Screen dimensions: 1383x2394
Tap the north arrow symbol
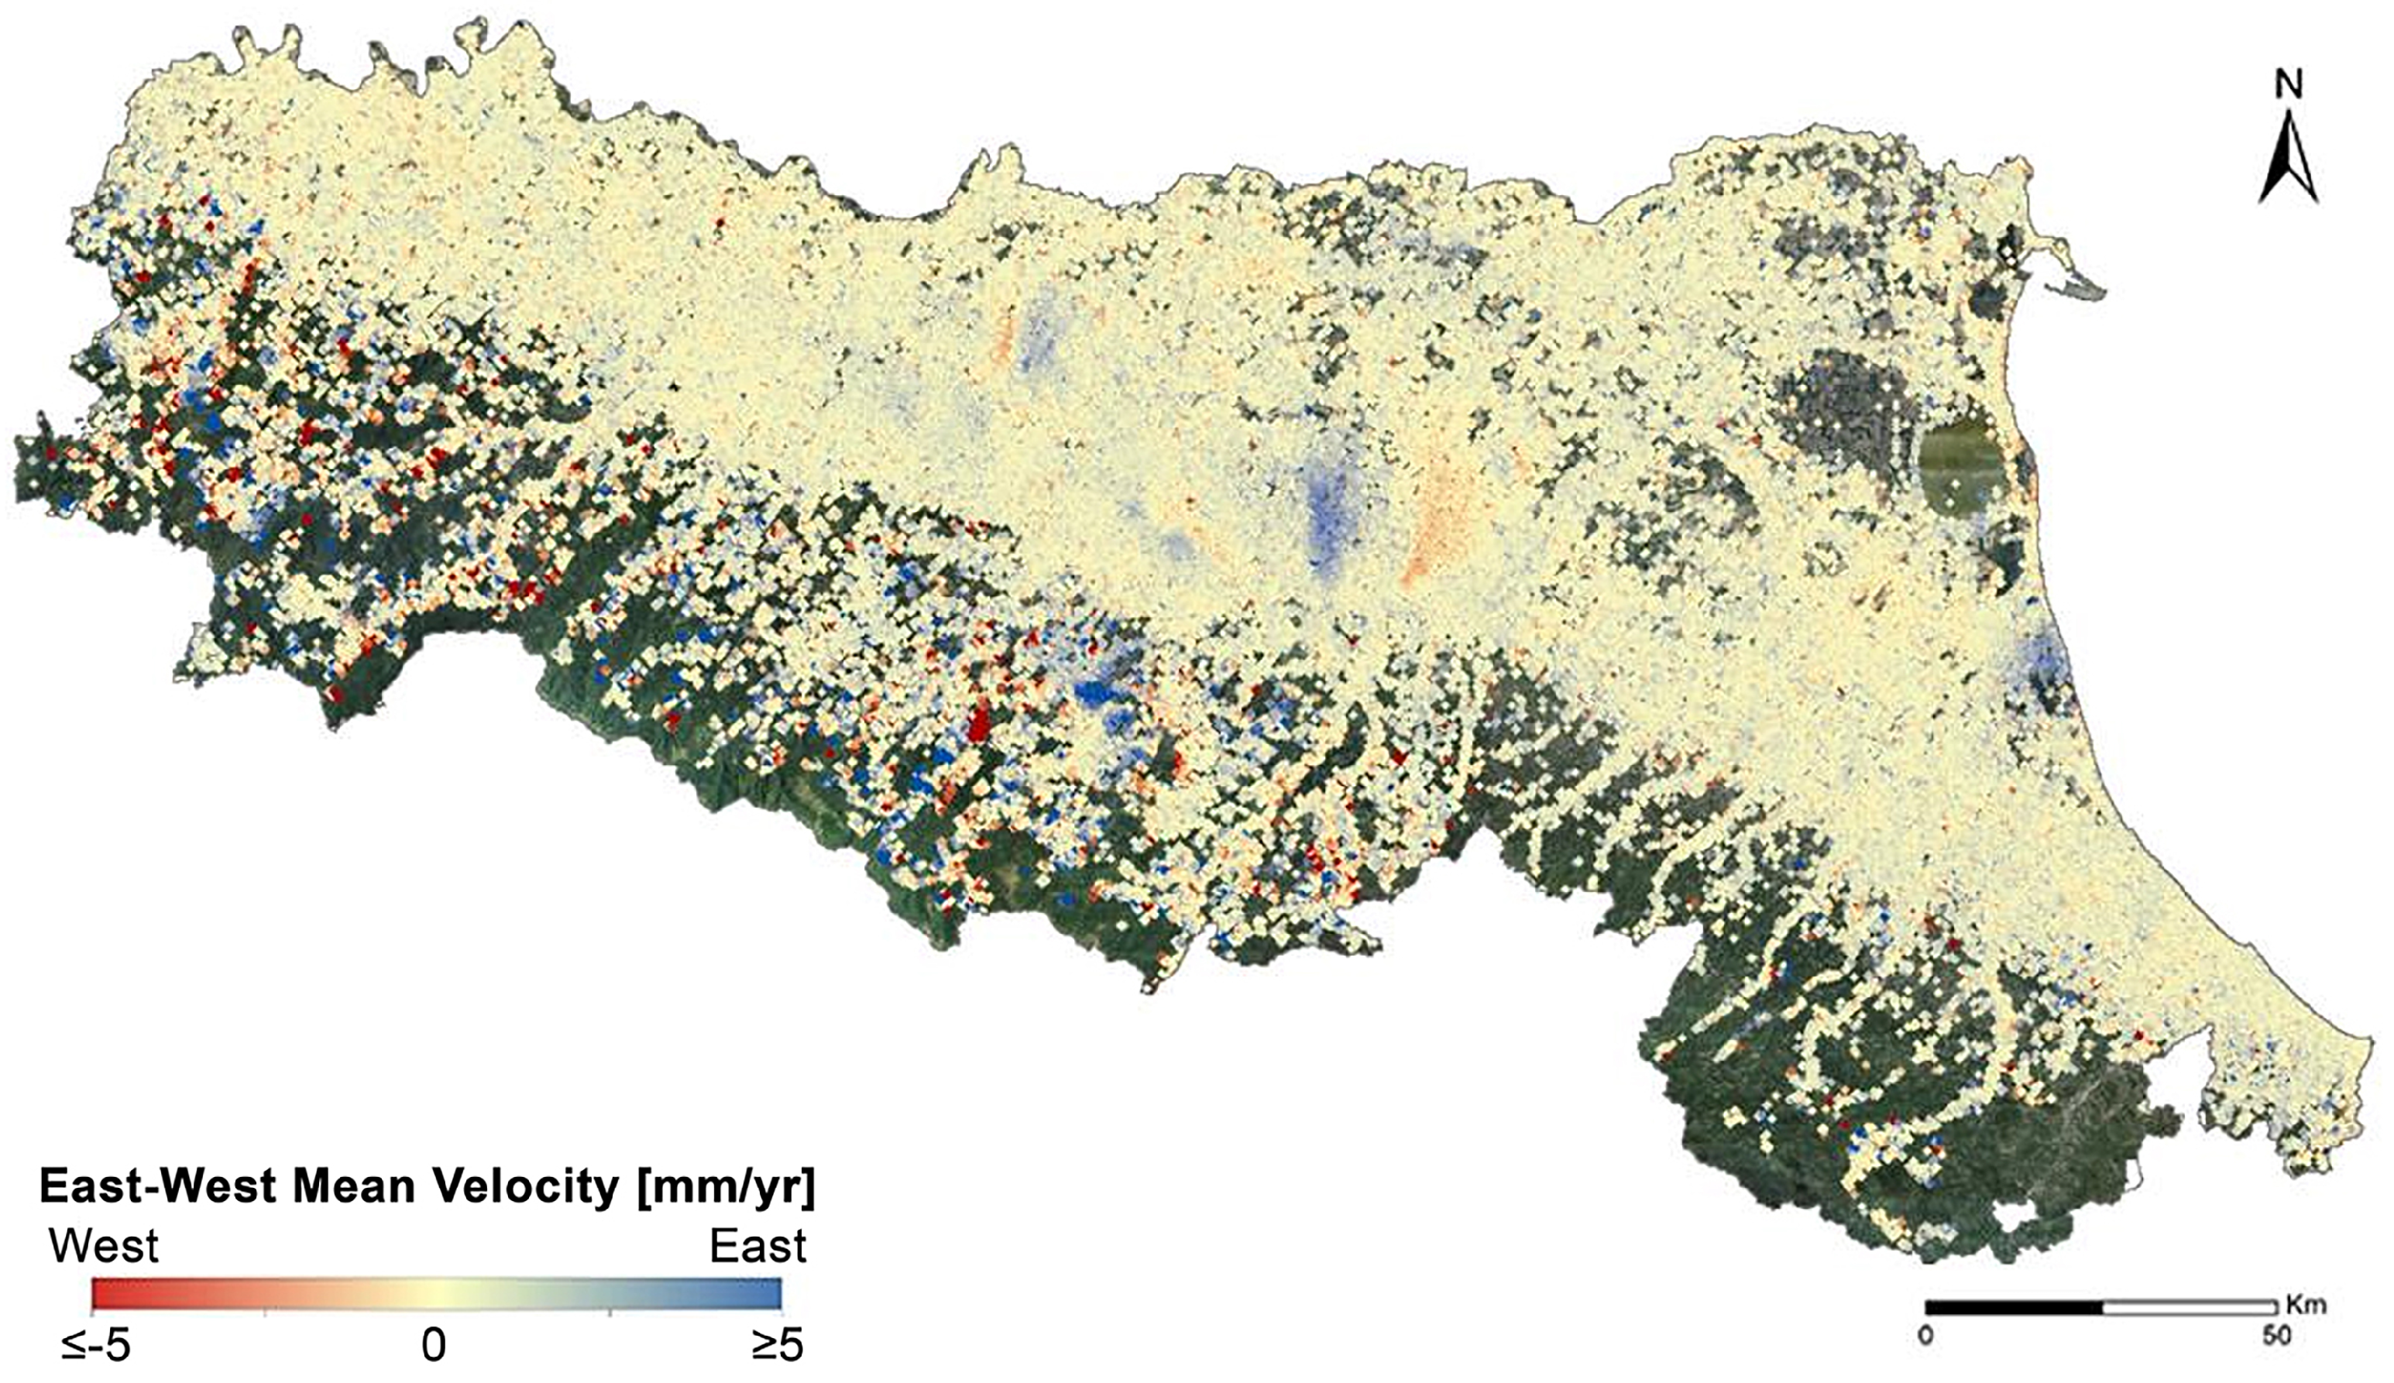point(2289,162)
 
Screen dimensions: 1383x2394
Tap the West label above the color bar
point(105,1246)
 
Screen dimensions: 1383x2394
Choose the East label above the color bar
point(757,1246)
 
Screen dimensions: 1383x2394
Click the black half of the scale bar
point(2013,1307)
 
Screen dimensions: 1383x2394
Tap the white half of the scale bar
point(2190,1307)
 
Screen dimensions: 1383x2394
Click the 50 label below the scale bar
point(2276,1337)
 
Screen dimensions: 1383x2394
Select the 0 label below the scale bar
point(1925,1337)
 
